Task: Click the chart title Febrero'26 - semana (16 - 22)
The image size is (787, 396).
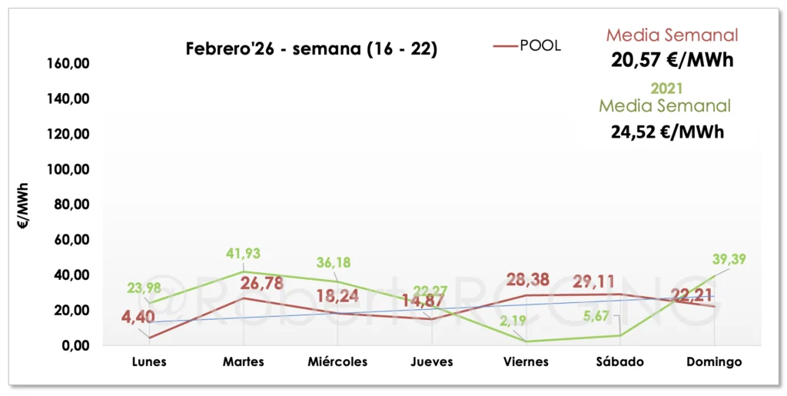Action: (x=312, y=49)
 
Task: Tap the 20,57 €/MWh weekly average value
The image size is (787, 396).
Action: (x=672, y=60)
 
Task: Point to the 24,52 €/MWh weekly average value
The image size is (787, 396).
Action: (x=667, y=131)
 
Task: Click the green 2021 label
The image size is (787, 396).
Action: (x=666, y=89)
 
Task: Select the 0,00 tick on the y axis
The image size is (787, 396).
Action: (x=78, y=345)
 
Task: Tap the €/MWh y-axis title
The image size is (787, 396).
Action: (x=24, y=207)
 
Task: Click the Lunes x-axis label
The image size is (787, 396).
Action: (x=148, y=361)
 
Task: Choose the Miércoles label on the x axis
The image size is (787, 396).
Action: (x=337, y=361)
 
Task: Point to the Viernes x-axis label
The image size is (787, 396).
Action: (x=526, y=361)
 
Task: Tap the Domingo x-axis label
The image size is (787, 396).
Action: (x=715, y=361)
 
